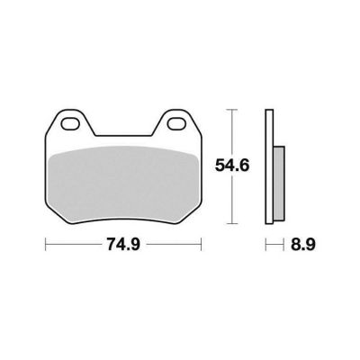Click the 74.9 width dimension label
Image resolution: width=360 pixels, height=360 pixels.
point(123,245)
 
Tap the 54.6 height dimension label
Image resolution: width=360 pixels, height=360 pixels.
point(232,166)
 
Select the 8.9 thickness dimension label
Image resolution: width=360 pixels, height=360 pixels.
point(303,245)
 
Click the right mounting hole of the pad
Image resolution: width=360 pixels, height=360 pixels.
point(177,124)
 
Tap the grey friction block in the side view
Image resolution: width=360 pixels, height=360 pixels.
point(279,184)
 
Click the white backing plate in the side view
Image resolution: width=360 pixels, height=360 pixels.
point(269,166)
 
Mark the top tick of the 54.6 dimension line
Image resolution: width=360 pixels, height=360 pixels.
point(232,110)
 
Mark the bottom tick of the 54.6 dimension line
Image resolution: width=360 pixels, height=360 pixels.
point(232,223)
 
